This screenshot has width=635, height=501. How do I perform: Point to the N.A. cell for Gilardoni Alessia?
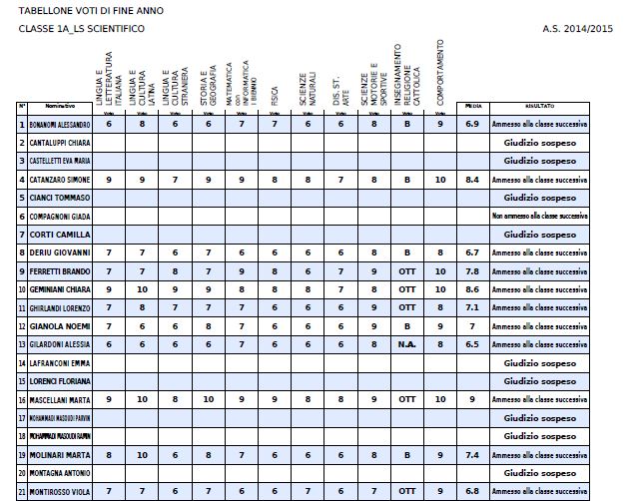[x=406, y=343]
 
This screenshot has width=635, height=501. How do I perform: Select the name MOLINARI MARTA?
[x=57, y=454]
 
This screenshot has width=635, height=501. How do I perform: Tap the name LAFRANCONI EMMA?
[x=58, y=362]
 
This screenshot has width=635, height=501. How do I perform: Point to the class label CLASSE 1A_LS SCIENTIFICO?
[x=81, y=29]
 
